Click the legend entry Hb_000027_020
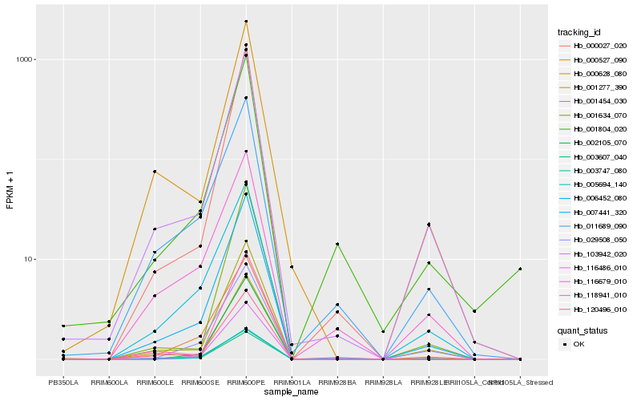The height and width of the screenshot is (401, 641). tap(594, 46)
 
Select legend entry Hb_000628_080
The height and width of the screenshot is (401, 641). tap(594, 73)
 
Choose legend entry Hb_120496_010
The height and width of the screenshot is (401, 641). tap(594, 307)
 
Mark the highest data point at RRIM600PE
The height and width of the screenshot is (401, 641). tap(246, 22)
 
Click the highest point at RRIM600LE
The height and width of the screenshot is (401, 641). tap(155, 172)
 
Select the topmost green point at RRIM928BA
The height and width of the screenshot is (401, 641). tap(337, 244)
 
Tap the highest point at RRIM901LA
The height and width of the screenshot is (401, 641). tap(292, 266)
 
